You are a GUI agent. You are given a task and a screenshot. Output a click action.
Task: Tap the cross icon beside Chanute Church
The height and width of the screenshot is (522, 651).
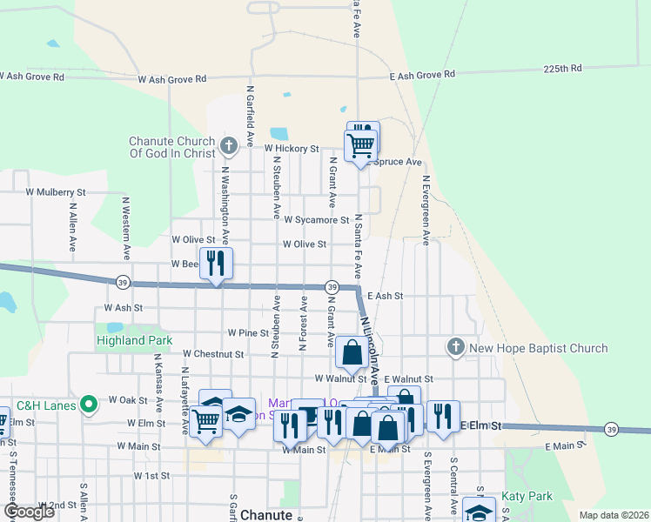coord(229,144)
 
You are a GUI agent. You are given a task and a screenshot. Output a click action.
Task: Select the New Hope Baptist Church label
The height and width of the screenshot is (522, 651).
coord(538,349)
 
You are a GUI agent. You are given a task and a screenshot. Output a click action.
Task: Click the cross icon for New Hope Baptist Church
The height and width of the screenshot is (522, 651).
coord(455,348)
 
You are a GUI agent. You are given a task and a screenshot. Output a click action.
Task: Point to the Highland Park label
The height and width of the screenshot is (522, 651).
coord(134,340)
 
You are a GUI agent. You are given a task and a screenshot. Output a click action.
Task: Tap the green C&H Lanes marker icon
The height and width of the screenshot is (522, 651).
coord(88,405)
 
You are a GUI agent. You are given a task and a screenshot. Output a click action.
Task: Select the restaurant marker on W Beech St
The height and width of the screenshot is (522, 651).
coord(216,262)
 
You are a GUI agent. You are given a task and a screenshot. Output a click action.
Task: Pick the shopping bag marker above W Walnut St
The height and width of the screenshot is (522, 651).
coord(352,353)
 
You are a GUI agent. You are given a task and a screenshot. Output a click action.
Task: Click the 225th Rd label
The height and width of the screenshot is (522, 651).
coord(563,68)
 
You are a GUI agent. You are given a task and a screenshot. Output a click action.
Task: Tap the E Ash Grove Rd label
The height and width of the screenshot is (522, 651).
coord(422,76)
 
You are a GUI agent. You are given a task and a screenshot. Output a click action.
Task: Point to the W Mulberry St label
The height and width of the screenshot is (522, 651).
coord(56,191)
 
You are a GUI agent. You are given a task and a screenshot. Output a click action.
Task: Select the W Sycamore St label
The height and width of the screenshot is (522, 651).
coord(316,221)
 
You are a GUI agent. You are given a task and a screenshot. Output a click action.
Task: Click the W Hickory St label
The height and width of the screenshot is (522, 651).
coord(292,149)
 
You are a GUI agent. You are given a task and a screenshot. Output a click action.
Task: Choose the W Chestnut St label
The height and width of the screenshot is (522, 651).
coord(213,354)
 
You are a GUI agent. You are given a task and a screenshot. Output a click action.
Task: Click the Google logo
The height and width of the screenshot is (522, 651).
coord(30,511)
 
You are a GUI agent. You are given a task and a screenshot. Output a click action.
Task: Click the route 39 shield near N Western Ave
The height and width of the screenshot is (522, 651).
coord(123,281)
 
